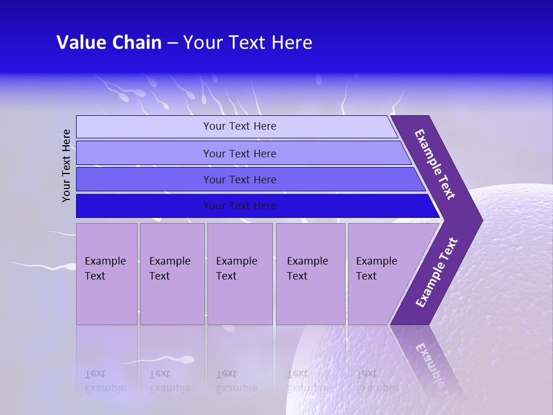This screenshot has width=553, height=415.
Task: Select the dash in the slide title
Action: point(172,43)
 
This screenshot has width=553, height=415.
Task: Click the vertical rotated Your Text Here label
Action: point(67,165)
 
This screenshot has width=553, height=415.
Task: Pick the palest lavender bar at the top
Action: point(239,126)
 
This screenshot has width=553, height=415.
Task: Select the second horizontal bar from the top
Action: point(239,153)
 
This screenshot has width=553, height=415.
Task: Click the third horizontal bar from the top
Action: point(239,179)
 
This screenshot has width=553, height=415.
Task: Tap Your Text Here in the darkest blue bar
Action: point(239,206)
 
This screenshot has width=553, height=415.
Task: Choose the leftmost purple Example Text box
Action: point(107,273)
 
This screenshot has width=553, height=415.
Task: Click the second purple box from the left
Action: point(172,273)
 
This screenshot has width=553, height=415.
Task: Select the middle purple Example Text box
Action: point(240,273)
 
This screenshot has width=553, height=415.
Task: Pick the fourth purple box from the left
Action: point(310,273)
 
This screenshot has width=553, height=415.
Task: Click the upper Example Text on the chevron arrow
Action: point(435,165)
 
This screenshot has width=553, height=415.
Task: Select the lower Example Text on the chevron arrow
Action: point(437,273)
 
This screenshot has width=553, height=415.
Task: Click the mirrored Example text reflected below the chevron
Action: point(429,364)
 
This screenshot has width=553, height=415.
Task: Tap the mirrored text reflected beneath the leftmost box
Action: point(105,381)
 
